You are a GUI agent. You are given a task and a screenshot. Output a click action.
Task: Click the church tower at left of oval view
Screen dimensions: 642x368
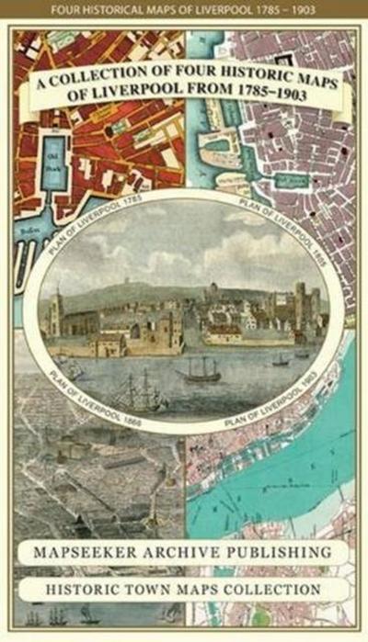[x=57, y=312]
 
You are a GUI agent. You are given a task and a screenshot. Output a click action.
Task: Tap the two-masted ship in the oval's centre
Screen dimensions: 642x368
[x=200, y=369]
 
